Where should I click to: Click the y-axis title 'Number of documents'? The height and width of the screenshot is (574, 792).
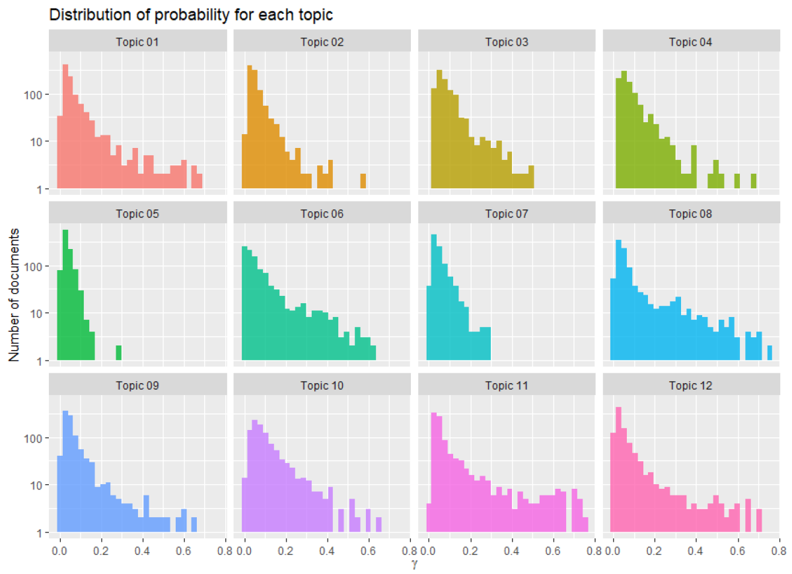pyautogui.click(x=14, y=295)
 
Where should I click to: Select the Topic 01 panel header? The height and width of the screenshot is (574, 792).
pyautogui.click(x=137, y=42)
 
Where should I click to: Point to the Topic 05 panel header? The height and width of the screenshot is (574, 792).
pyautogui.click(x=137, y=213)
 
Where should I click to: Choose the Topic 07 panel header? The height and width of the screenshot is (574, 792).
pyautogui.click(x=507, y=213)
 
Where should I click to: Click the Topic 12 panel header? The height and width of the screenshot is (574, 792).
pyautogui.click(x=691, y=386)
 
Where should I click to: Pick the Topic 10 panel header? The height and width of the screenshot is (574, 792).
pyautogui.click(x=322, y=386)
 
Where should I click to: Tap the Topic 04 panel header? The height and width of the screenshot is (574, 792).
pyautogui.click(x=691, y=42)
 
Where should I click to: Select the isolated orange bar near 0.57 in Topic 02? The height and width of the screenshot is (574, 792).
pyautogui.click(x=363, y=181)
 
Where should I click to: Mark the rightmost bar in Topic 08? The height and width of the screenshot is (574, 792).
pyautogui.click(x=769, y=353)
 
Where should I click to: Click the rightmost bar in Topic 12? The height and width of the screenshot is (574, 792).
pyautogui.click(x=759, y=520)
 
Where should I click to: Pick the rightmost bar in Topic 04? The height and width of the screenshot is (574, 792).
pyautogui.click(x=753, y=181)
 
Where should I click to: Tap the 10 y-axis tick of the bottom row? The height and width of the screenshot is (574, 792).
pyautogui.click(x=36, y=485)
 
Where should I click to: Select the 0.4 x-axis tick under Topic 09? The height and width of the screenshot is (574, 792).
pyautogui.click(x=143, y=548)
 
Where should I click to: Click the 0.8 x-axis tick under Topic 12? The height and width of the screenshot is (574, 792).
pyautogui.click(x=779, y=548)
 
